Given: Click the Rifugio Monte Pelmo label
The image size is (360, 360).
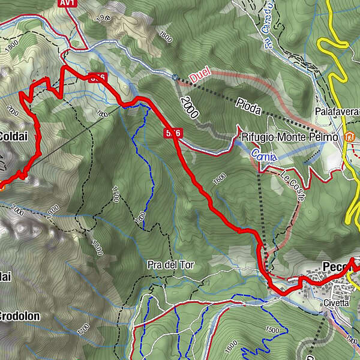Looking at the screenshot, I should (287, 137).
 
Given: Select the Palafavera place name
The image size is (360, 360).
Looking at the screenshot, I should (337, 112).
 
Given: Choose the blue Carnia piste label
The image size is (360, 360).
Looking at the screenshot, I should (263, 157).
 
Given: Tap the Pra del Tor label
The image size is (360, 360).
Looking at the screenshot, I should (170, 265).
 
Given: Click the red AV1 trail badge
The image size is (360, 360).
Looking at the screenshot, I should (67, 4).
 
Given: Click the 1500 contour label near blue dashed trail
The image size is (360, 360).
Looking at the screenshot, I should (274, 330).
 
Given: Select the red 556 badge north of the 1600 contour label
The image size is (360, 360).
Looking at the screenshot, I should (173, 133).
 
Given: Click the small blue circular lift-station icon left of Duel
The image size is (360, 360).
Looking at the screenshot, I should (173, 77).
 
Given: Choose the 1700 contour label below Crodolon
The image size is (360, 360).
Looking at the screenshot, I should (83, 328).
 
